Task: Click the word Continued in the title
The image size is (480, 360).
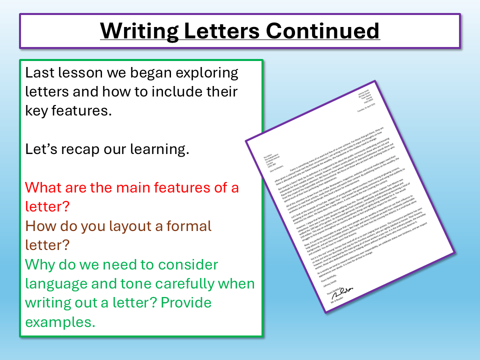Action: pos(322,31)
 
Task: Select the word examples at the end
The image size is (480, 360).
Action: pos(60,322)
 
